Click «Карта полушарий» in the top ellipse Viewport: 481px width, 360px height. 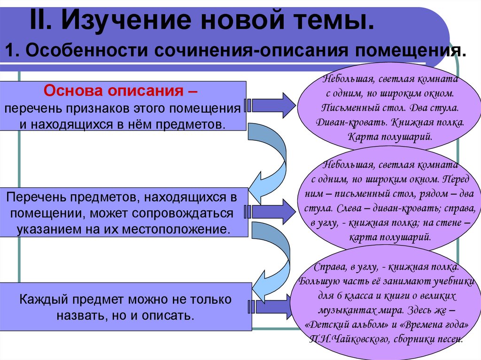pyautogui.click(x=390, y=137)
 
